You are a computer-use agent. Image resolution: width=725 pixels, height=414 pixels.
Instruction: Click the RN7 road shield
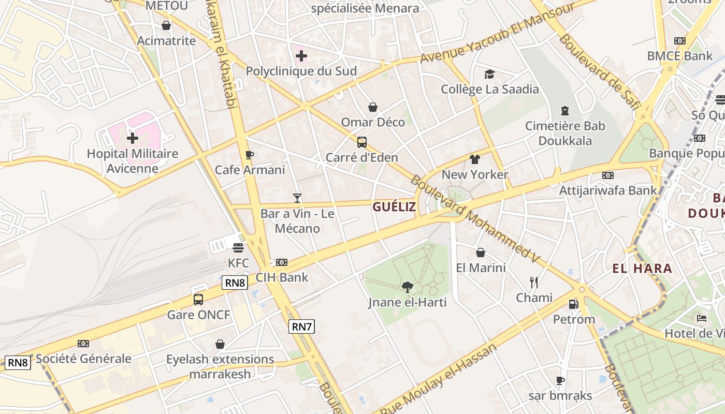[302, 327]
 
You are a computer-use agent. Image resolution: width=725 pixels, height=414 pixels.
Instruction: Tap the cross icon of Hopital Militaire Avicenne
[133, 138]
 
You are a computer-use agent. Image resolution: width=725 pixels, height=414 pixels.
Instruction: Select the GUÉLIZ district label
[394, 207]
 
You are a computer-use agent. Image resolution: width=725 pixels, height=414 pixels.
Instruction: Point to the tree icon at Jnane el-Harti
[408, 287]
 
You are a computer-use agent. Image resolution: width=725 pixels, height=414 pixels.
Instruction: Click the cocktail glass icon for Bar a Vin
[297, 198]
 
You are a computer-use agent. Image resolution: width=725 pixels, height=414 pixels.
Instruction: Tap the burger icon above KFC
[238, 247]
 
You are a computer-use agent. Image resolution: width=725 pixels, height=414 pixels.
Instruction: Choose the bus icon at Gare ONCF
[198, 299]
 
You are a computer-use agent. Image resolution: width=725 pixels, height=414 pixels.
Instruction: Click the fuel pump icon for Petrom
[573, 304]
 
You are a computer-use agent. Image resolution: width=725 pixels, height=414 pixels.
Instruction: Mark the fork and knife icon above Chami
[534, 282]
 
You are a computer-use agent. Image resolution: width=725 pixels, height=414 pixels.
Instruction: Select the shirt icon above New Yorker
[475, 159]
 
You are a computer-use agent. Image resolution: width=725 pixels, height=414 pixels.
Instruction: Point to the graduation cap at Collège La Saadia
[489, 74]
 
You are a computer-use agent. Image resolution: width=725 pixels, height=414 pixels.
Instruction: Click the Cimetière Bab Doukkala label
[565, 133]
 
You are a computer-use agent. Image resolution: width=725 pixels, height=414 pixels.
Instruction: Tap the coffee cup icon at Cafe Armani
[250, 155]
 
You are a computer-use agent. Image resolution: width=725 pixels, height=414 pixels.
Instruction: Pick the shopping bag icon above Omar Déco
[372, 107]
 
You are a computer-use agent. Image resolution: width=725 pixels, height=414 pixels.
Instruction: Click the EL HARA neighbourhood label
[642, 269]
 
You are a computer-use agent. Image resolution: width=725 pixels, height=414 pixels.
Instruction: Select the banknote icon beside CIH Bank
[282, 262]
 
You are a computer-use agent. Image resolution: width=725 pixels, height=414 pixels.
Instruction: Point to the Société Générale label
[83, 359]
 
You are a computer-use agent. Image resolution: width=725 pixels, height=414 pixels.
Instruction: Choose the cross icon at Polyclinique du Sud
[301, 56]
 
